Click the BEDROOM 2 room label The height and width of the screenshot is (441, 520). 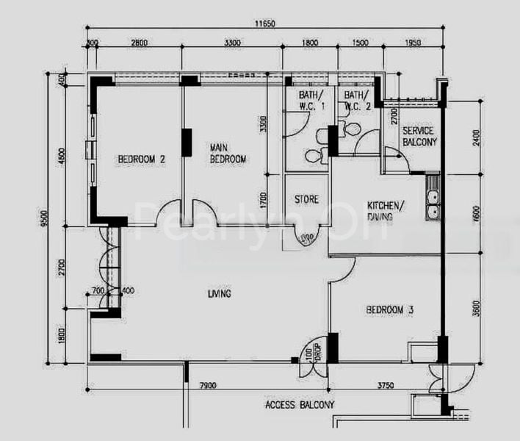coord(140,159)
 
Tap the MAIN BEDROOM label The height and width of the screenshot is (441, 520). coord(228,153)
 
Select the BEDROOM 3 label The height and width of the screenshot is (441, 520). coord(389,310)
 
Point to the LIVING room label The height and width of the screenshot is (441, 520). coord(220,294)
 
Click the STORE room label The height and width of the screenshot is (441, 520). coord(306,200)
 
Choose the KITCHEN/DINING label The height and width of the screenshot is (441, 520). coord(385,211)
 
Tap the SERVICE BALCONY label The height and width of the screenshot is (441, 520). coord(419,136)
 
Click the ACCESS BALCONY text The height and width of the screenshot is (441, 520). coord(299,405)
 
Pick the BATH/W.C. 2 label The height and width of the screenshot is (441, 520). coord(357,101)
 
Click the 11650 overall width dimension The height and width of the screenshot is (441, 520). coord(264,24)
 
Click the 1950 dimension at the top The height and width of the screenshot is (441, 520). coord(413,43)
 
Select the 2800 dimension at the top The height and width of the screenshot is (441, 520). coord(139,43)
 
